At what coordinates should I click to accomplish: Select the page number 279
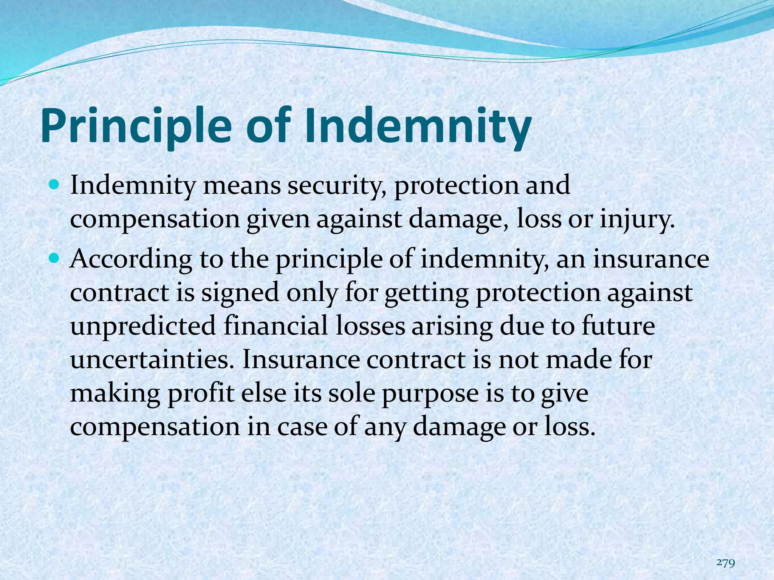tap(726, 552)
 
